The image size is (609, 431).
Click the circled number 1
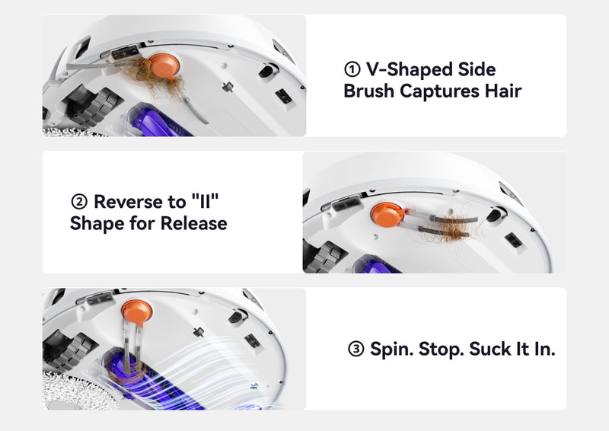352,69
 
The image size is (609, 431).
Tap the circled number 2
79,202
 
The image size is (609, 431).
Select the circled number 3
356,349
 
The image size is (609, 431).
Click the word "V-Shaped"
407,69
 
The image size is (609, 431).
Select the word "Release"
194,223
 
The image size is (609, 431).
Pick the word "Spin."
391,349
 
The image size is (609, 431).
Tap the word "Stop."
441,350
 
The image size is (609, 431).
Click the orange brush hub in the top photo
164,66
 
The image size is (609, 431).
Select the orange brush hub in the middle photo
387,215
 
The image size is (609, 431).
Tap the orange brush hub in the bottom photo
137,311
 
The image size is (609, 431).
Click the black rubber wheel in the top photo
96,107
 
